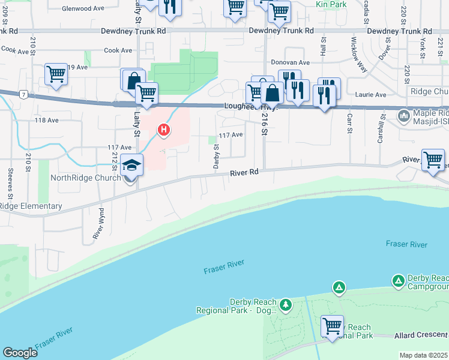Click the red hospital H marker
click(163, 129)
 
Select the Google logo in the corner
click(20, 353)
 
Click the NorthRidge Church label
click(86, 178)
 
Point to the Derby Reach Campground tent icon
click(399, 280)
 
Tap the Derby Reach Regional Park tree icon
click(286, 305)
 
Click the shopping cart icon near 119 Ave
click(56, 75)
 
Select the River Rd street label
click(244, 172)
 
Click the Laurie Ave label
click(371, 95)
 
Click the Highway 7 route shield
click(22, 94)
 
